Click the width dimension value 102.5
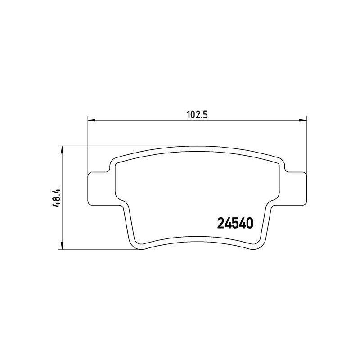pyautogui.click(x=197, y=115)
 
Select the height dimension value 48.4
pyautogui.click(x=56, y=198)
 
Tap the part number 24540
pyautogui.click(x=235, y=223)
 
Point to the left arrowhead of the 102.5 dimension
pyautogui.click(x=92, y=120)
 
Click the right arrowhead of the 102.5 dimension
pyautogui.click(x=303, y=120)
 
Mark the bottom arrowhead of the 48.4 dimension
pyautogui.click(x=62, y=245)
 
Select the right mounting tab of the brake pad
pyautogui.click(x=296, y=189)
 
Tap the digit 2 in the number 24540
pyautogui.click(x=220, y=223)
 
